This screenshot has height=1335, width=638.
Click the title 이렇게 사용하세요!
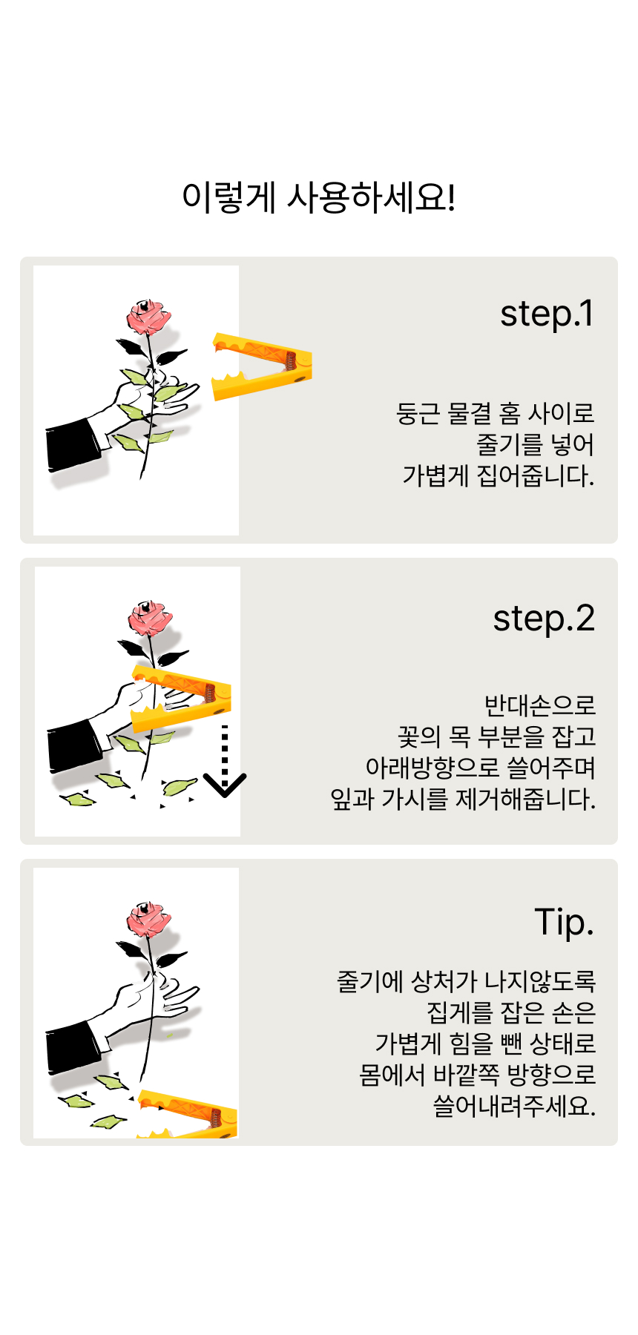coord(319,197)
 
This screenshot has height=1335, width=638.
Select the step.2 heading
coord(544,619)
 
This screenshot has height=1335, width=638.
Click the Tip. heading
coord(565,923)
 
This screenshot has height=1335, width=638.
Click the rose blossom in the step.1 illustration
coord(148,317)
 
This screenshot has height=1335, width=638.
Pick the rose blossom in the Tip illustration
coord(148,919)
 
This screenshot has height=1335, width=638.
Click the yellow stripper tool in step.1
coord(261,367)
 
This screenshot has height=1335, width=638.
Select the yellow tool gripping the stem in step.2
coord(181,698)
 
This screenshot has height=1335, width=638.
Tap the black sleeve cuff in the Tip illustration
coord(73,1047)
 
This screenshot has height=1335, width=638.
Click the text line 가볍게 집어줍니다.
coord(499,475)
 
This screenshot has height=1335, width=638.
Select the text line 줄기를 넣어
coord(535,444)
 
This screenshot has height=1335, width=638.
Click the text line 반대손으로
coord(539,705)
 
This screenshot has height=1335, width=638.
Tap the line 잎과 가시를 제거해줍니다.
coord(463,799)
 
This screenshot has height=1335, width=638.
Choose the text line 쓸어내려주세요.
coord(514,1106)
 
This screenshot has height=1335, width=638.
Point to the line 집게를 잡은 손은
coord(511,1012)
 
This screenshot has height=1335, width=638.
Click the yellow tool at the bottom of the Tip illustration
coord(188,1115)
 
